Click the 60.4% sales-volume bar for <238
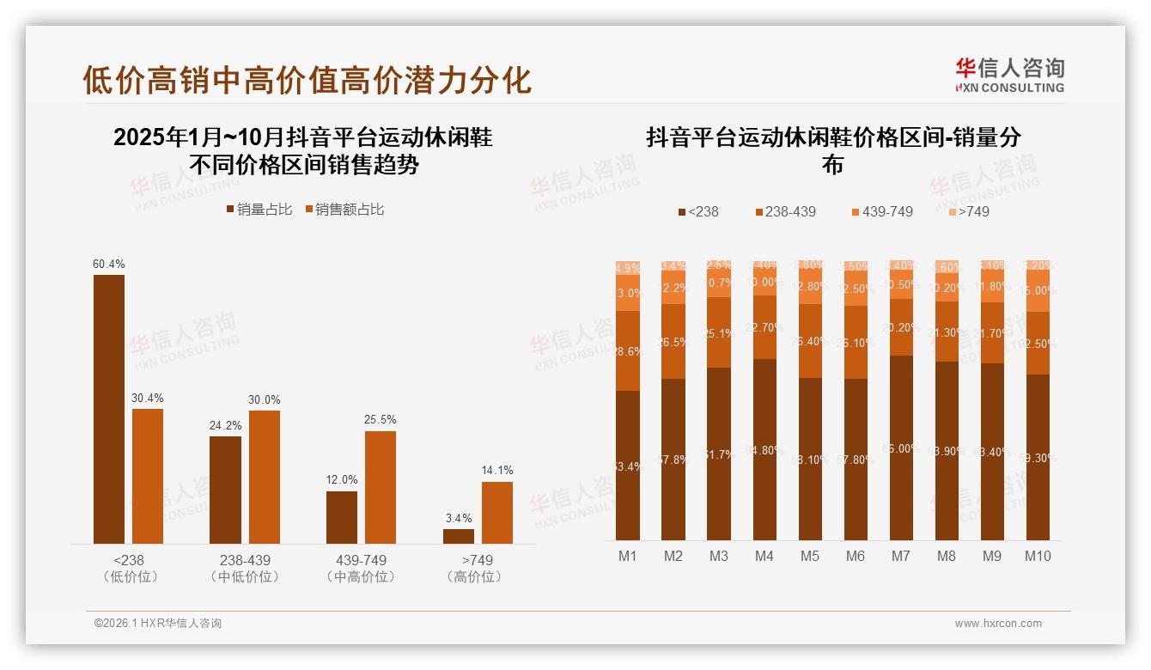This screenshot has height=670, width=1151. [x=108, y=409]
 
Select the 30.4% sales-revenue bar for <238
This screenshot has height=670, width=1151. [x=147, y=476]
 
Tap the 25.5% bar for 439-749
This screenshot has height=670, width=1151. [x=380, y=487]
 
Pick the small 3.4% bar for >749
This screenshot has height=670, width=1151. [x=458, y=536]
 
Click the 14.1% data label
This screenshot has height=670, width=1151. [x=496, y=470]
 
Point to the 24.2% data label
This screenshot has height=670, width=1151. [x=225, y=424]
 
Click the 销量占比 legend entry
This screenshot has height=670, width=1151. [x=259, y=210]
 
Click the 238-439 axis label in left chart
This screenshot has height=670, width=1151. [x=244, y=560]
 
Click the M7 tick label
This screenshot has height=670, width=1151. [x=900, y=556]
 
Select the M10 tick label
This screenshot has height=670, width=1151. [x=1037, y=556]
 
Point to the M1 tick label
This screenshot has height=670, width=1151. [x=628, y=556]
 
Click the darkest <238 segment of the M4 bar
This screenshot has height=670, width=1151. [x=764, y=449]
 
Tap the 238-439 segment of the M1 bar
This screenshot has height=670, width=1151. [x=628, y=350]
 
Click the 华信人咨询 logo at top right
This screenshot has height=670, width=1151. [x=1009, y=75]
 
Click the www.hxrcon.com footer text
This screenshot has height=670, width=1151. [x=998, y=624]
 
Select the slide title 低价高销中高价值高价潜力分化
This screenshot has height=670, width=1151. [x=307, y=80]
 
